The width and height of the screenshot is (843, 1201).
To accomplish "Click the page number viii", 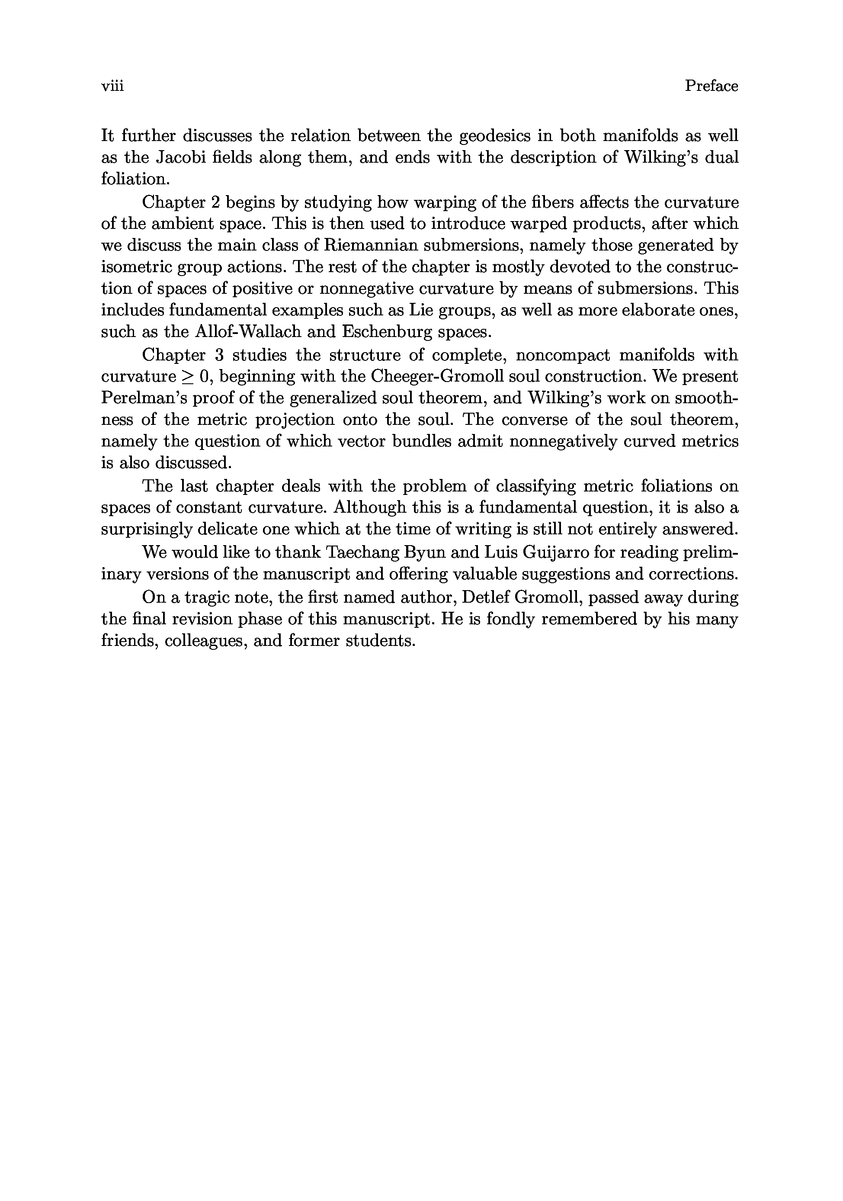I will [x=112, y=86].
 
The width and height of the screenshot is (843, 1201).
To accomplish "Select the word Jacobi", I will [x=185, y=157].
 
